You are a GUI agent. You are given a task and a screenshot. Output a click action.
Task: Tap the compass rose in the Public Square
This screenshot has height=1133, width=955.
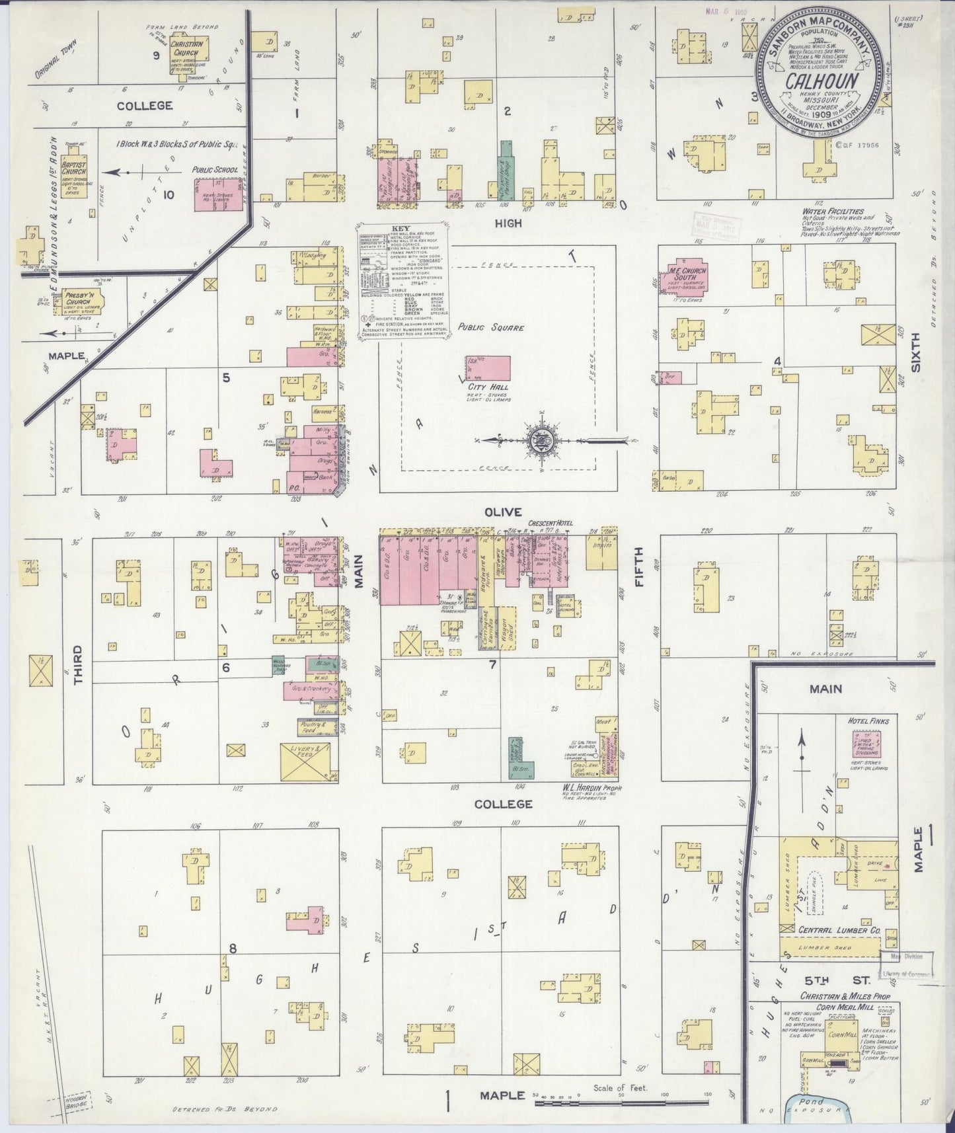tap(541, 439)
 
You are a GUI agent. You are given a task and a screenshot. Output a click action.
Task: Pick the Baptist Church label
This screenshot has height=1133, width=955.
tap(74, 163)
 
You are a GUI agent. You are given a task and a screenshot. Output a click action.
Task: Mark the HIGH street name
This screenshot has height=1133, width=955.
tap(508, 223)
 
